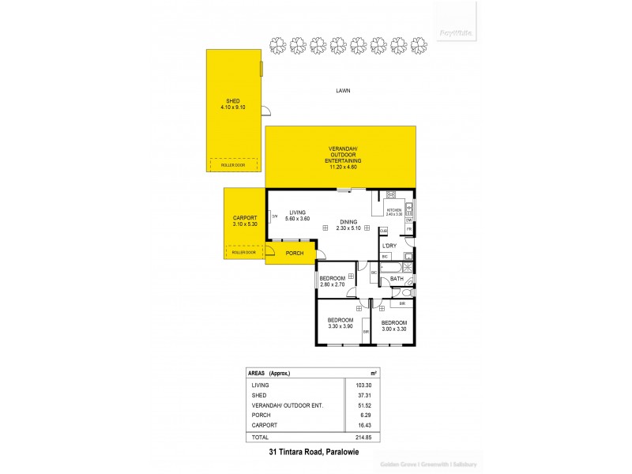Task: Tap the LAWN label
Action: pyautogui.click(x=342, y=91)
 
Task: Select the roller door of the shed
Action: pyautogui.click(x=233, y=165)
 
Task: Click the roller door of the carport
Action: pyautogui.click(x=244, y=252)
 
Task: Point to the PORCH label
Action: pyautogui.click(x=295, y=254)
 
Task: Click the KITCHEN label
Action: pyautogui.click(x=393, y=209)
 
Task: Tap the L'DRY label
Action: pyautogui.click(x=389, y=246)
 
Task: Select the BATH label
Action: pyautogui.click(x=396, y=279)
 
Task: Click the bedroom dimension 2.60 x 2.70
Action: pyautogui.click(x=332, y=284)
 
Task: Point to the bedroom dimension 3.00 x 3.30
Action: pyautogui.click(x=393, y=329)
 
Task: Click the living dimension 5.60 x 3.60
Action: pyautogui.click(x=297, y=218)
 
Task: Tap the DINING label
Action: pyautogui.click(x=349, y=222)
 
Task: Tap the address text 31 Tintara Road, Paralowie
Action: pyautogui.click(x=314, y=452)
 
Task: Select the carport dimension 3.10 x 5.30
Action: pyautogui.click(x=246, y=224)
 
